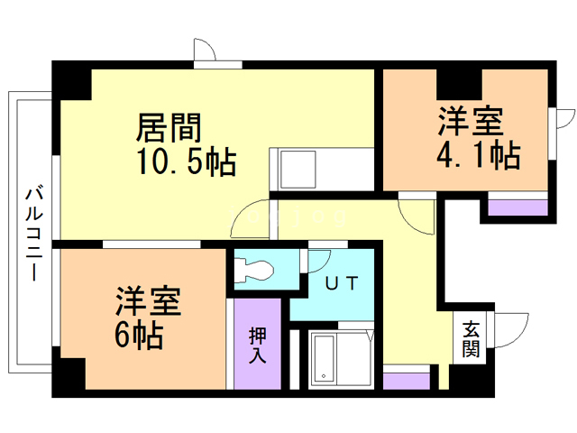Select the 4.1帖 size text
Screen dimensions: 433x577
click(478, 155)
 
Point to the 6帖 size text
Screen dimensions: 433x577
click(139, 335)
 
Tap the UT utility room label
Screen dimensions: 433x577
click(342, 283)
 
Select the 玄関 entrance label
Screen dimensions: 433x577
click(472, 338)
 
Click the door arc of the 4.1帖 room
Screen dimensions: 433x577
click(416, 215)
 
